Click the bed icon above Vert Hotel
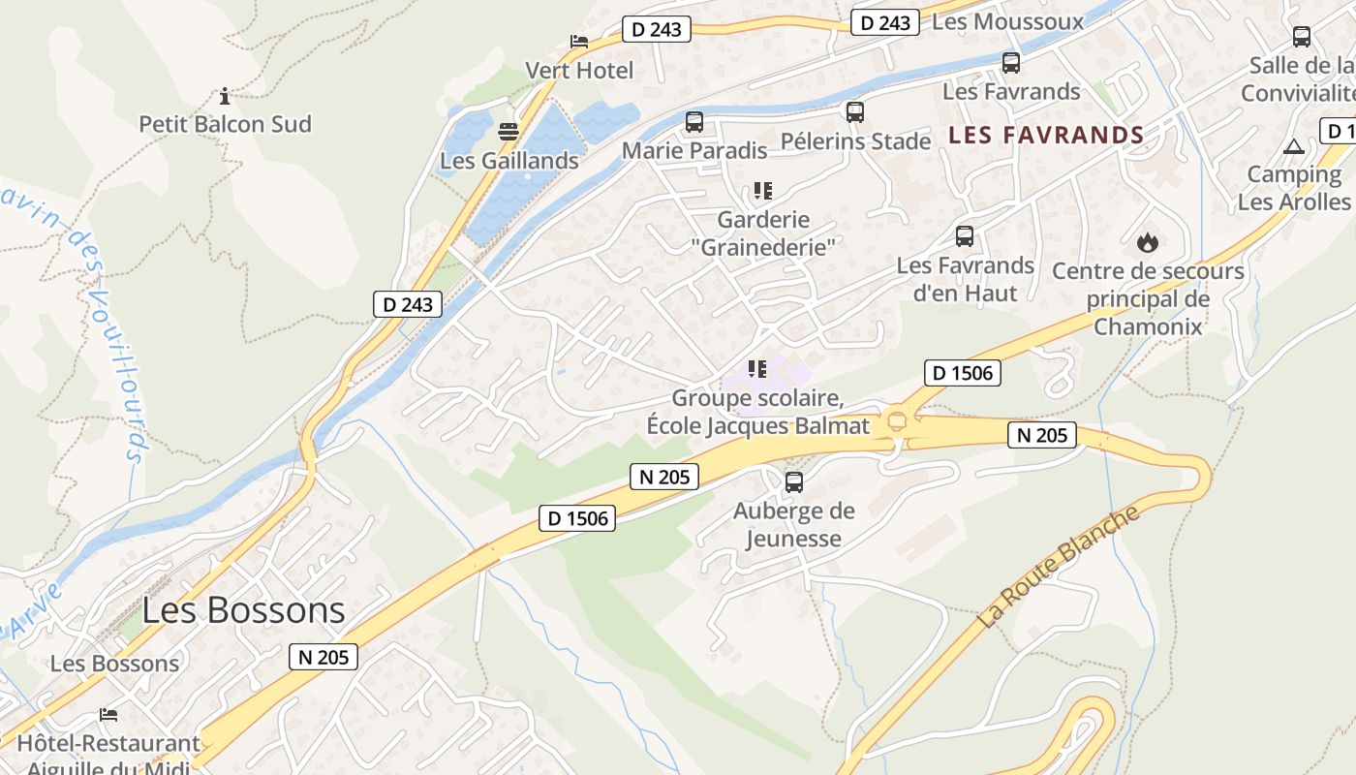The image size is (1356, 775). pos(578,42)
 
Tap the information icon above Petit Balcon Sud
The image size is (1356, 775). pos(225,96)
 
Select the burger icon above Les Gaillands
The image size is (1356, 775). pos(508,132)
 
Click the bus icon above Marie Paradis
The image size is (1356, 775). pos(693,122)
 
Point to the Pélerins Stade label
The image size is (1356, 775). pos(855,141)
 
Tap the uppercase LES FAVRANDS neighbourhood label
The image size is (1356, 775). pos(1046,135)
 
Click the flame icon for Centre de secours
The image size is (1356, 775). pos(1148,242)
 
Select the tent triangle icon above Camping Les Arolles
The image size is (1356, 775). pos(1293,147)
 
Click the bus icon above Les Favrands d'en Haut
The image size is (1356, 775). pos(965,236)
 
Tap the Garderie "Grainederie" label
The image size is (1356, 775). pos(764,233)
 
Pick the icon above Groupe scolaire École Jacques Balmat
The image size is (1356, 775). pos(757,369)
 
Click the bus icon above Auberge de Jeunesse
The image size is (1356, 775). pos(794,481)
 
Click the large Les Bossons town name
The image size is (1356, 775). pos(243,610)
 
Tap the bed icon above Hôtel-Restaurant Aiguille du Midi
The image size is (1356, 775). pos(108,715)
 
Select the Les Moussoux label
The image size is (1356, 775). pos(1007,21)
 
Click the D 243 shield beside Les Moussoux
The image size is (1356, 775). pos(884,22)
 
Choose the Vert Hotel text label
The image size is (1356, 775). pos(579,71)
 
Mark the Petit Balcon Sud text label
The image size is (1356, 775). pos(225,124)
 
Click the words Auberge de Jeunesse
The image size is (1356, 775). pos(794,524)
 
